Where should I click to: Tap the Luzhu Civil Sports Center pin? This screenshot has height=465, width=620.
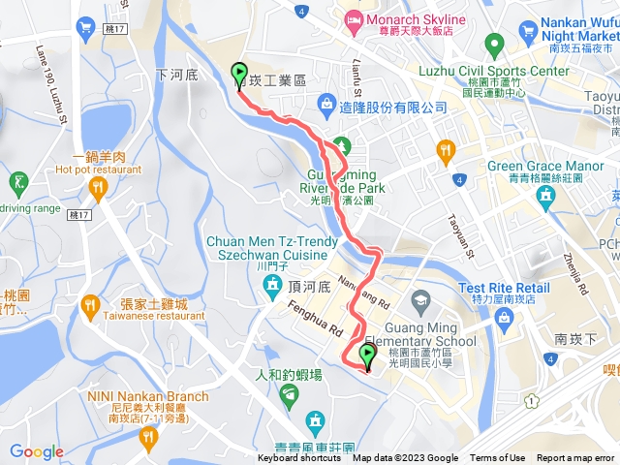494,44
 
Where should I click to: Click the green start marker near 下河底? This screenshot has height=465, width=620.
238,74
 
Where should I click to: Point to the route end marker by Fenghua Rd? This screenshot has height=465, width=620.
367,356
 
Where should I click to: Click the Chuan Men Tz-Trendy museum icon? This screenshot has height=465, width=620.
271,285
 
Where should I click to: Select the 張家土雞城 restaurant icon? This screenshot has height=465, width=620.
91,306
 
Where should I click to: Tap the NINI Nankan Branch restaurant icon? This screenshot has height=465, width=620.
148,438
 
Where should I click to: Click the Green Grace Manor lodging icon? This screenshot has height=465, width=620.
546,196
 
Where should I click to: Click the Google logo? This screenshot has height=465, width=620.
37,451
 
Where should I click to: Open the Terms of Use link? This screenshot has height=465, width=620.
498,458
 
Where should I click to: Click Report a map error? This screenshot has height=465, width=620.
575,458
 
